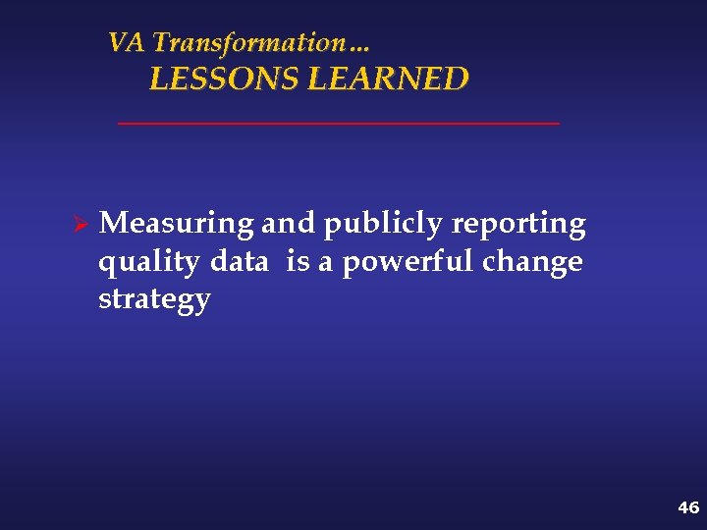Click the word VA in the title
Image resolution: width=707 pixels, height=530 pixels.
[x=127, y=43]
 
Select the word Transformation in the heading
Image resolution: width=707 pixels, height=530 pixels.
[x=245, y=43]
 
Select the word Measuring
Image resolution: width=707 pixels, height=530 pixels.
[x=177, y=225]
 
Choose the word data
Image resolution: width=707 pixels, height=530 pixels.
[x=240, y=262]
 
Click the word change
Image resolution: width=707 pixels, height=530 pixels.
[x=532, y=263]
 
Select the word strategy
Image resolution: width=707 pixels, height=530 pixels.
[x=154, y=300]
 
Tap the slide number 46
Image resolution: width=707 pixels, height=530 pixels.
[x=688, y=507]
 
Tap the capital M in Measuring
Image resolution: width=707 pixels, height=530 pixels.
[x=113, y=224]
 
